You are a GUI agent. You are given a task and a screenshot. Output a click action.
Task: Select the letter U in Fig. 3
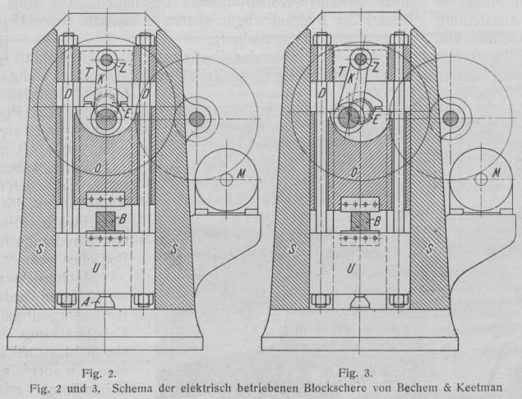tap(352, 268)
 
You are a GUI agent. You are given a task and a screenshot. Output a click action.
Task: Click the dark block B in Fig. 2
tap(104, 221)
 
